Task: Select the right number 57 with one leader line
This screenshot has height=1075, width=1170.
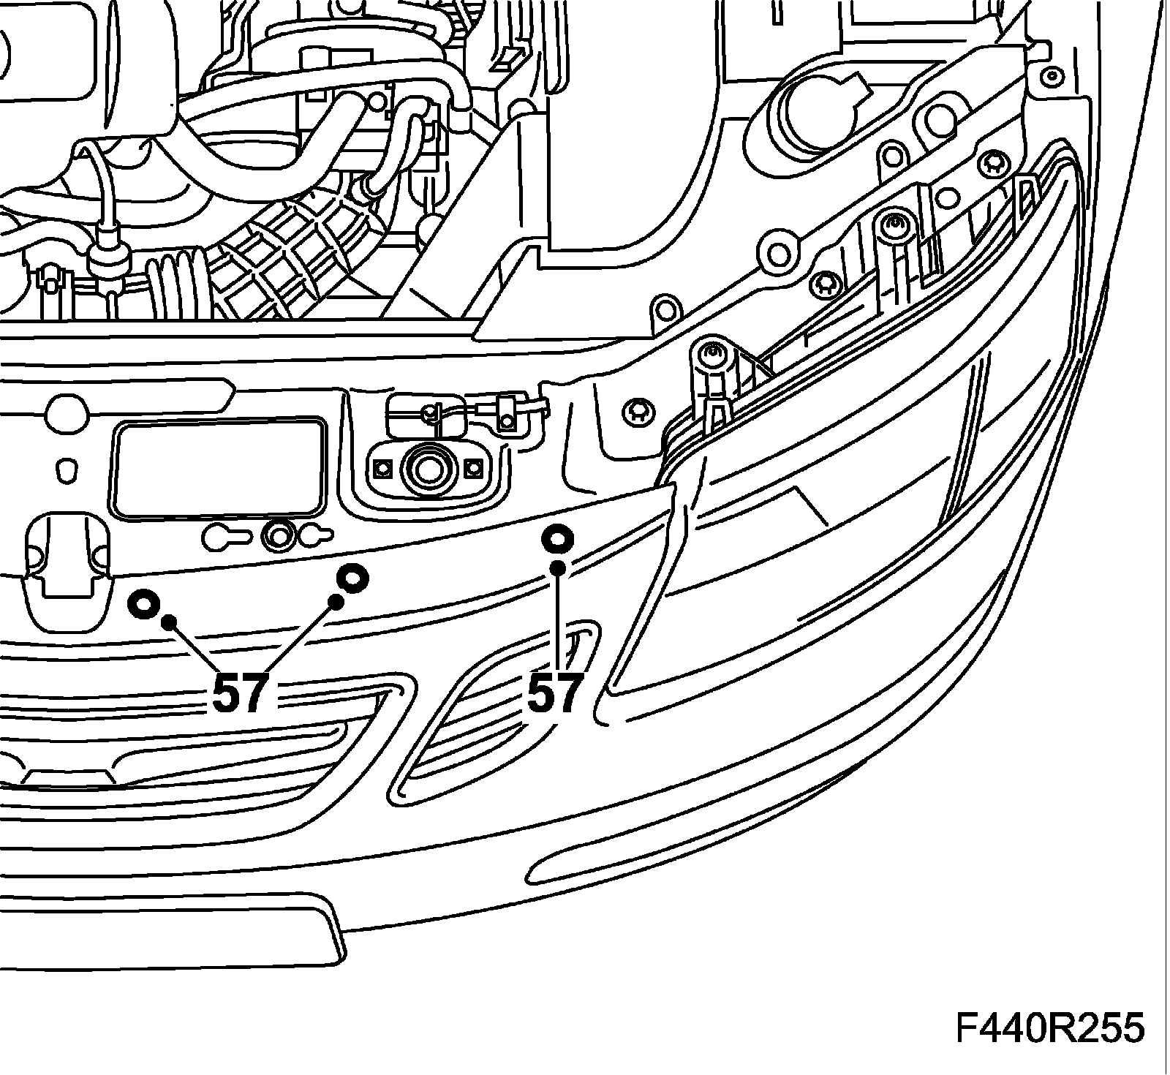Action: (556, 694)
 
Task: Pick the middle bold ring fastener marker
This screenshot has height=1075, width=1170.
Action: (352, 578)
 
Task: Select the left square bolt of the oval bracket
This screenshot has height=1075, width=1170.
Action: (380, 467)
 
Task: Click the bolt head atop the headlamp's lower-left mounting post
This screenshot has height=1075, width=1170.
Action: (711, 355)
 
